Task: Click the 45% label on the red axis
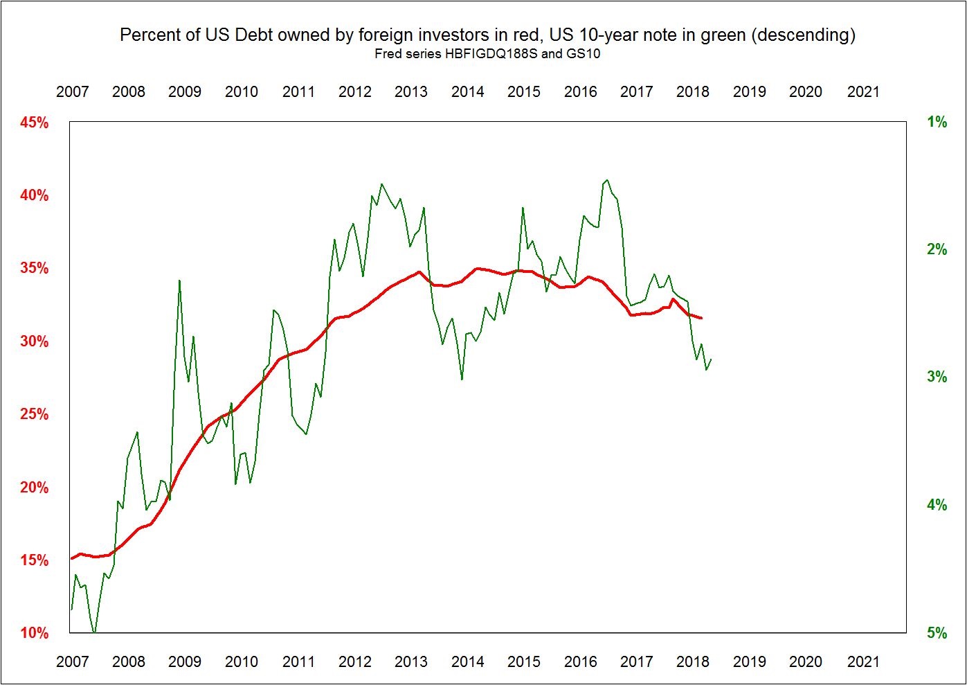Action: coord(35,123)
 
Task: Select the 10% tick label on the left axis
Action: coord(35,633)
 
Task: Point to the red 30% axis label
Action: coord(35,341)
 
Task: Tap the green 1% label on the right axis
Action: coord(937,123)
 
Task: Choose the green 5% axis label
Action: coord(937,633)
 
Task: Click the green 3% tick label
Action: coord(937,377)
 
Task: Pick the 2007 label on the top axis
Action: coord(72,92)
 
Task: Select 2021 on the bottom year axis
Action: coord(863,661)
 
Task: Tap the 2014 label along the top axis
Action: coord(467,92)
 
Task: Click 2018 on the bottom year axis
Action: coord(693,661)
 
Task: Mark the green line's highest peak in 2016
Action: coord(607,180)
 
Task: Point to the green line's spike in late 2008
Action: coord(179,281)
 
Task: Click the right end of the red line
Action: coord(702,318)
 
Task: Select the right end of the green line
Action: coord(711,359)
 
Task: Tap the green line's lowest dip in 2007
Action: coord(94,632)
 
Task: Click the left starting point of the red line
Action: coord(71,558)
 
